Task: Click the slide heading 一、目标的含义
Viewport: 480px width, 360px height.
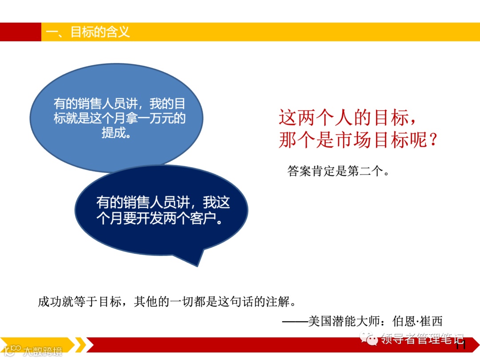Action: pos(88,32)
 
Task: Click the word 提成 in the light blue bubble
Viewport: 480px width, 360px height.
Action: pos(114,132)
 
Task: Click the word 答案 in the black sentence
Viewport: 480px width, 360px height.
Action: pos(299,171)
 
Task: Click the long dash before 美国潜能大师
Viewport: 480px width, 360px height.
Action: pos(294,321)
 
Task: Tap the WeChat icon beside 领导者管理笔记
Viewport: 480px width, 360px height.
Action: pos(369,339)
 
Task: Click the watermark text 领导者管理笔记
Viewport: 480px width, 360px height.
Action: pos(422,340)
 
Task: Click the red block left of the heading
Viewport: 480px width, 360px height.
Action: pos(20,32)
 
